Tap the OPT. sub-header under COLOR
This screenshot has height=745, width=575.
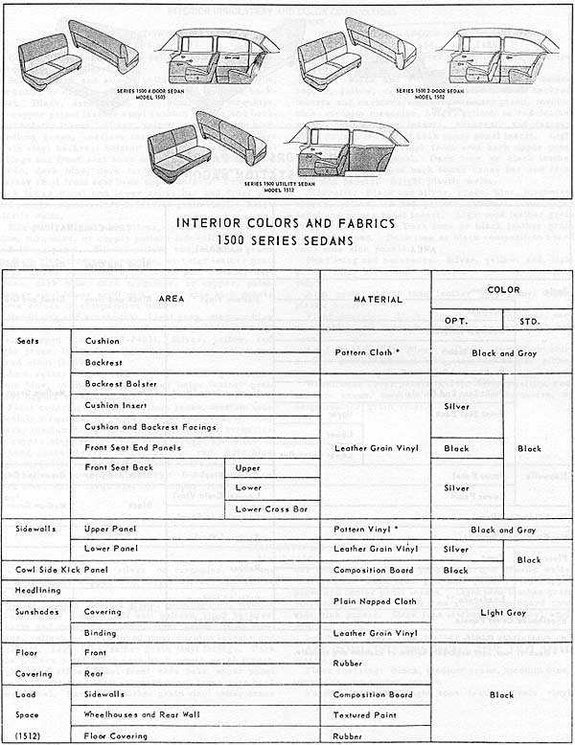(456, 320)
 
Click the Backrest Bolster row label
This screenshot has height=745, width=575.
(120, 383)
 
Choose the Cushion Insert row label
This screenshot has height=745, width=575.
(116, 405)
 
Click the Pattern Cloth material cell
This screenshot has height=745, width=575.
(365, 352)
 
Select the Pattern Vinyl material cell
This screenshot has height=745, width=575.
(365, 529)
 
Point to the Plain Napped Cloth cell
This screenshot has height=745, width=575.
(375, 601)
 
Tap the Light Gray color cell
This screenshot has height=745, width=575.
(504, 612)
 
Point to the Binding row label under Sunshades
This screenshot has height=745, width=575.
(103, 633)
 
